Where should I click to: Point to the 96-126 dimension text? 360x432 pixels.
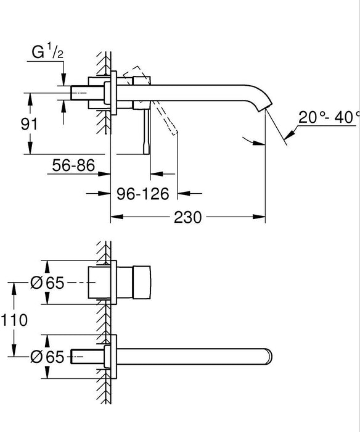tap(142, 194)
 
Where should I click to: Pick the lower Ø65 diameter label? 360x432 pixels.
tap(47, 356)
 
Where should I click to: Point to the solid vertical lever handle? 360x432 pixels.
tap(145, 133)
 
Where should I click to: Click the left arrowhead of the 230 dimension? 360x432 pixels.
tap(114, 218)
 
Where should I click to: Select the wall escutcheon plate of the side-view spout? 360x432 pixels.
tap(113, 93)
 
